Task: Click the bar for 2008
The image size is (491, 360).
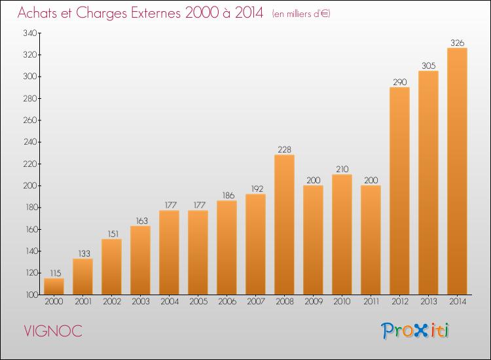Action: click(x=284, y=225)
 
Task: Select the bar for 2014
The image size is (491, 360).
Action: click(x=457, y=171)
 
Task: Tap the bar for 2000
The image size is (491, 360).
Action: click(x=54, y=287)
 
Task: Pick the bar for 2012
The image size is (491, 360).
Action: click(x=399, y=190)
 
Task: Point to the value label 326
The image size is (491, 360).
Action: click(x=457, y=43)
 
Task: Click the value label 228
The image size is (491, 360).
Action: click(x=284, y=150)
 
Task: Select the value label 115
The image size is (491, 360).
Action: click(x=56, y=274)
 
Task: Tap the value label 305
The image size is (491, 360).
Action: click(x=428, y=65)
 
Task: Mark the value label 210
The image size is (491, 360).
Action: click(x=342, y=170)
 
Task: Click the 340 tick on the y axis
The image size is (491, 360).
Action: click(x=30, y=33)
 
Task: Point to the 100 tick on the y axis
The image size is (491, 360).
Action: click(x=31, y=295)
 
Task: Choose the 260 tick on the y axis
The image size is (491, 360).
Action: click(x=30, y=120)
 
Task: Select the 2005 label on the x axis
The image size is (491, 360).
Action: click(x=198, y=302)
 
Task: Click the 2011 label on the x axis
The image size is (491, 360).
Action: click(x=371, y=302)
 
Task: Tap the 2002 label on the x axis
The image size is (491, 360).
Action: click(x=112, y=302)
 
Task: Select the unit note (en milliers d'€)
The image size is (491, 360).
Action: click(x=301, y=14)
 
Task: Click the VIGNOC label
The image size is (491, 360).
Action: click(x=53, y=331)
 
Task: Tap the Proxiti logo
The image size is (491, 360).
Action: click(x=415, y=331)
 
